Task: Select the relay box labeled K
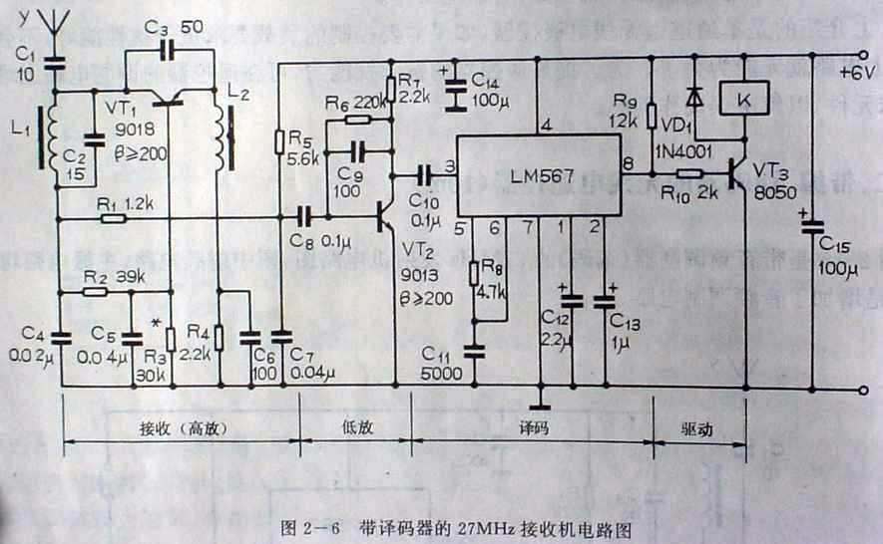tap(742, 100)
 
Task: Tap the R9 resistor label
tap(624, 101)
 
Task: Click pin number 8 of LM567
tap(628, 163)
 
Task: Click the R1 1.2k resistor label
tap(127, 202)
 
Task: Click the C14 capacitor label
tap(485, 79)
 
